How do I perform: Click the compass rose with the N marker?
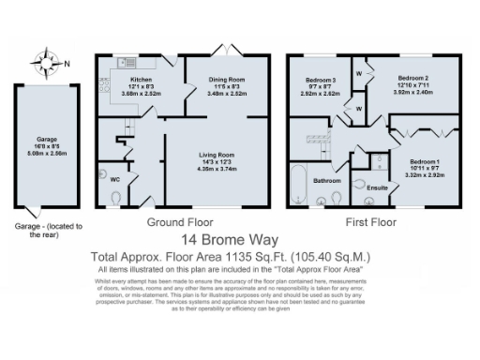click(43, 64)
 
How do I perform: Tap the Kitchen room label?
click(140, 80)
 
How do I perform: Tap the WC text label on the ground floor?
click(115, 177)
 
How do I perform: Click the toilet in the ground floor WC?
click(115, 197)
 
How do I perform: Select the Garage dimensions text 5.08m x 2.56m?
click(40, 152)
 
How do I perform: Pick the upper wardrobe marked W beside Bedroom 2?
click(358, 73)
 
